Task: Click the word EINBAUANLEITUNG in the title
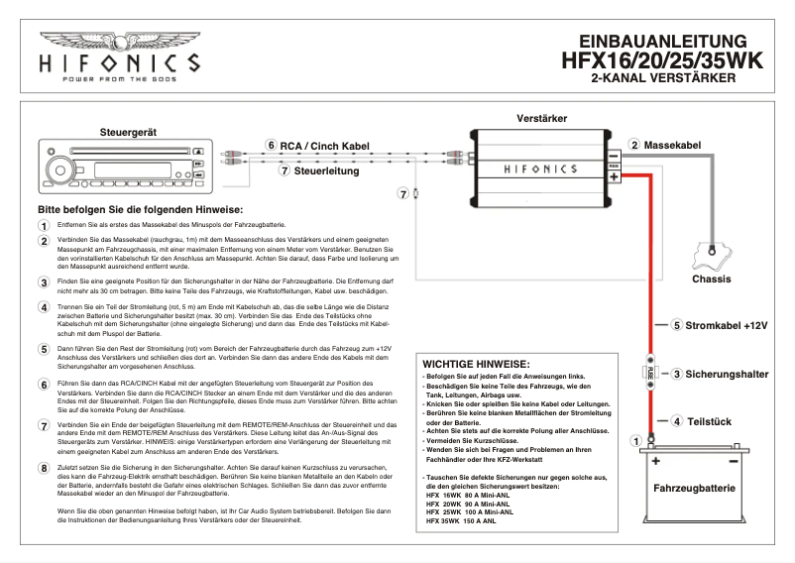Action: click(x=661, y=42)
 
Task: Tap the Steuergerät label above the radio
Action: click(x=129, y=133)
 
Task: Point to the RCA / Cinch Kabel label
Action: click(x=326, y=146)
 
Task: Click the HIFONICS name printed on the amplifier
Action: click(x=539, y=169)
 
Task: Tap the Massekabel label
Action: click(x=672, y=146)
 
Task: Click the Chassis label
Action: click(x=711, y=279)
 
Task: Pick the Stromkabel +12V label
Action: click(x=728, y=325)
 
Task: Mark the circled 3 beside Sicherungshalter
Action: click(x=676, y=374)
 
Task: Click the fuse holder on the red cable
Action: click(x=650, y=373)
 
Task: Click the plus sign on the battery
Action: click(x=656, y=461)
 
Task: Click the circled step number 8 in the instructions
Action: click(x=44, y=467)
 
